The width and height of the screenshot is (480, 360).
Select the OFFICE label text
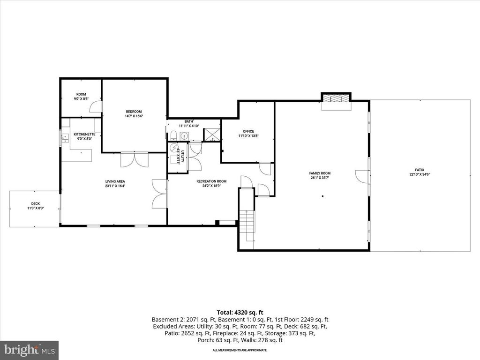[x=248, y=131]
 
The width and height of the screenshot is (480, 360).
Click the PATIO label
[x=420, y=170]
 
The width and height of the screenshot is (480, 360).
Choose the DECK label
[x=35, y=203]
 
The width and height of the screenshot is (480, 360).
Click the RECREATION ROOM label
[x=211, y=181]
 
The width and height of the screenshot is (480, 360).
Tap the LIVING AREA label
[x=115, y=181]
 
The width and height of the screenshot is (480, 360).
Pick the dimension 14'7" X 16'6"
[x=134, y=116]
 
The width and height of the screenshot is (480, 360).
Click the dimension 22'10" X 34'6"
[x=420, y=174]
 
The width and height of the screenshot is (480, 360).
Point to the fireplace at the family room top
[x=336, y=98]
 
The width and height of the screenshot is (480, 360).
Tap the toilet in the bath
[x=173, y=136]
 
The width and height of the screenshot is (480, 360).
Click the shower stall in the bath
[x=212, y=135]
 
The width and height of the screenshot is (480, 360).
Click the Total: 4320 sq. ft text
[x=240, y=312]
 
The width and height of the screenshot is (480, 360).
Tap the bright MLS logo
[x=29, y=350]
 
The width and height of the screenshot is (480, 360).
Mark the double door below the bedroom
[x=135, y=160]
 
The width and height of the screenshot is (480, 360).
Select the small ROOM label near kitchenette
[x=81, y=94]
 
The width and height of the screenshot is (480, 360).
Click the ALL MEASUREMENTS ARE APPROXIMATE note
[x=240, y=350]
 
